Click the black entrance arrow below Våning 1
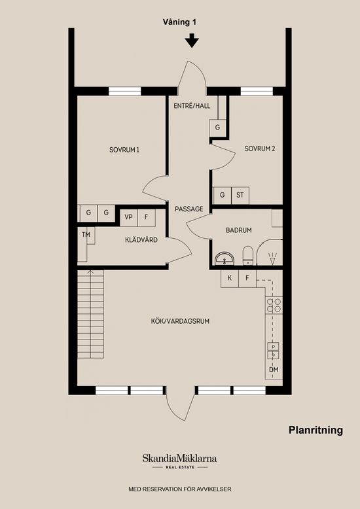click(191, 41)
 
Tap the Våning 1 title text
click(180, 22)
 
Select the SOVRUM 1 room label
click(124, 149)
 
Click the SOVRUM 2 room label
click(259, 149)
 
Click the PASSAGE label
click(189, 209)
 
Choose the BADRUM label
click(239, 230)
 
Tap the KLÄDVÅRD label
click(141, 240)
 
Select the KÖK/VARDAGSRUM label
click(180, 321)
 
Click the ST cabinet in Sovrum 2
click(240, 195)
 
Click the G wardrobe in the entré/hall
click(217, 128)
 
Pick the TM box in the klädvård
click(86, 234)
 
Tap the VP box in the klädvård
click(128, 216)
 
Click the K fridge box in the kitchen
click(230, 278)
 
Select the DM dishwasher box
click(274, 370)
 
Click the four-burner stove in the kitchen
click(274, 305)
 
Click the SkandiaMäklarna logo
click(179, 460)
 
